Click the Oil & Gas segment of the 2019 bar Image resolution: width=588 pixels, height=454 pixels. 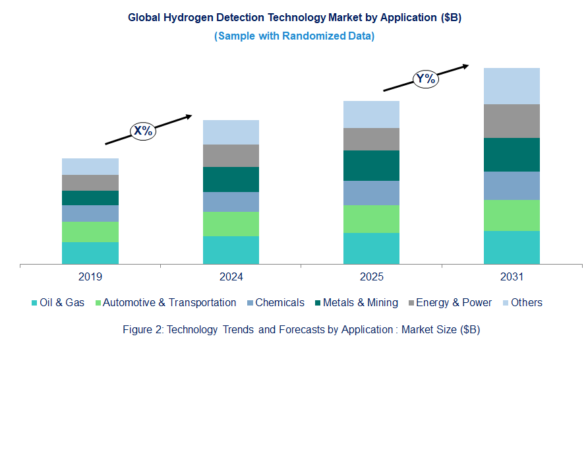click(x=90, y=253)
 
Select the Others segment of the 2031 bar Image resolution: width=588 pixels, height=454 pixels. click(x=512, y=86)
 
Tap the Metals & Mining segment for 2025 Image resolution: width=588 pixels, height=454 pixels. click(x=371, y=166)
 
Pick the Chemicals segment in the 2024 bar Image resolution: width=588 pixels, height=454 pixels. click(x=231, y=202)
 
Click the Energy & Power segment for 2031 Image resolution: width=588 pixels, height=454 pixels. click(x=512, y=121)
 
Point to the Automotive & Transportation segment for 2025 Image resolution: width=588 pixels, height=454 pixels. click(x=371, y=219)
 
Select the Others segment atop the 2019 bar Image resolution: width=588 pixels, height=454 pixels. click(x=90, y=166)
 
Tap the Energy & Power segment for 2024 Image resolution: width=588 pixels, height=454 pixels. click(x=231, y=156)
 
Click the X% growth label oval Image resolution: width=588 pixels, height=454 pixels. click(x=142, y=131)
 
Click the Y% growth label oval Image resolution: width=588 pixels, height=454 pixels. click(x=426, y=79)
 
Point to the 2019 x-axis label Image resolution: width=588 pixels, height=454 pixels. click(x=90, y=276)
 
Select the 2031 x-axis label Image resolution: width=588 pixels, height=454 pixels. click(x=512, y=276)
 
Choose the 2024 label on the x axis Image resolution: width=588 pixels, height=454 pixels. click(x=231, y=276)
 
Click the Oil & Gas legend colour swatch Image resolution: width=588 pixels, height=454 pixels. click(x=34, y=303)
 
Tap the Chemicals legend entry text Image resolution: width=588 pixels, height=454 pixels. click(x=279, y=303)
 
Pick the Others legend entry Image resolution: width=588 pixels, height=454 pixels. click(x=526, y=303)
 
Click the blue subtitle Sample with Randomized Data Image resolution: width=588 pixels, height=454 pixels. click(x=294, y=36)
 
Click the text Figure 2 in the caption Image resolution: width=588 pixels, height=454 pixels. click(x=142, y=329)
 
